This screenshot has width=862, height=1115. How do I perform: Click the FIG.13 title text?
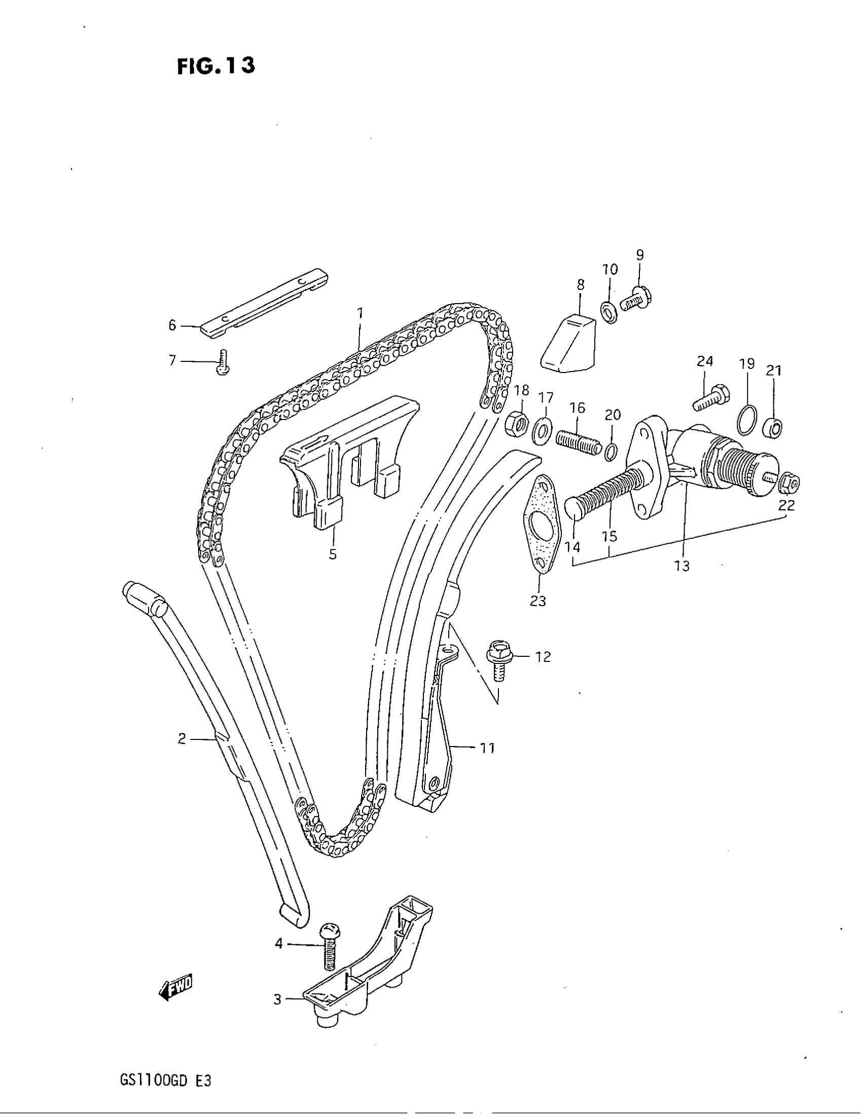coord(215,66)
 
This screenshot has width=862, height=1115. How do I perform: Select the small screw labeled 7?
coord(223,362)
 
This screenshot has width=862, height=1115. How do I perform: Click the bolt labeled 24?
coord(711,398)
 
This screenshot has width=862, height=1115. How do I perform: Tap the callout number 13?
coord(681,565)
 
